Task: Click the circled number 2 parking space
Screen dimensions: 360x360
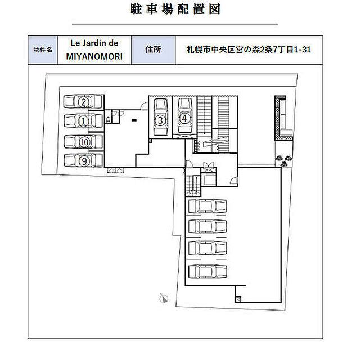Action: tap(84, 102)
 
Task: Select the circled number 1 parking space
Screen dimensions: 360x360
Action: tap(84, 121)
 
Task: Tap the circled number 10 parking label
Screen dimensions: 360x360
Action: tap(84, 142)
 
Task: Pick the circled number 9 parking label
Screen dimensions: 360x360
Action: tap(84, 161)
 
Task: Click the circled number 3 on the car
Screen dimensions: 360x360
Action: tap(160, 120)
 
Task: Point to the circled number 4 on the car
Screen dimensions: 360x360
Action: tap(184, 119)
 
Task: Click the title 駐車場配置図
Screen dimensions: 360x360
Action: tap(175, 10)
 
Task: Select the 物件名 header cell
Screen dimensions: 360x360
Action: tap(43, 50)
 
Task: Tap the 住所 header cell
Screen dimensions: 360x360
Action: tap(153, 50)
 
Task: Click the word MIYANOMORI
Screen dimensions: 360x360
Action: tap(94, 57)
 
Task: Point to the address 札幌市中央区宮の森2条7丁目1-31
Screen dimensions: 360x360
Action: tap(249, 49)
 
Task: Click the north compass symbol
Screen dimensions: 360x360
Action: tap(164, 298)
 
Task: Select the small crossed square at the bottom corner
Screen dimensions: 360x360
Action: tap(238, 299)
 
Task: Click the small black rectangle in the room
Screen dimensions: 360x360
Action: tap(134, 120)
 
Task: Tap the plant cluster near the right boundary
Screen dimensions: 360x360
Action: tap(284, 160)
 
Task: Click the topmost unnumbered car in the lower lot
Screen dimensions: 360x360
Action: tap(208, 206)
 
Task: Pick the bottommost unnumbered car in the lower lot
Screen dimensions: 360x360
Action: tap(208, 271)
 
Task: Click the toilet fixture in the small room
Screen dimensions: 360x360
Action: tap(108, 119)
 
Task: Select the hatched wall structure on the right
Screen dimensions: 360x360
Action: tap(283, 118)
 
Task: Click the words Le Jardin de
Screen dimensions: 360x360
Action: tap(94, 43)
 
